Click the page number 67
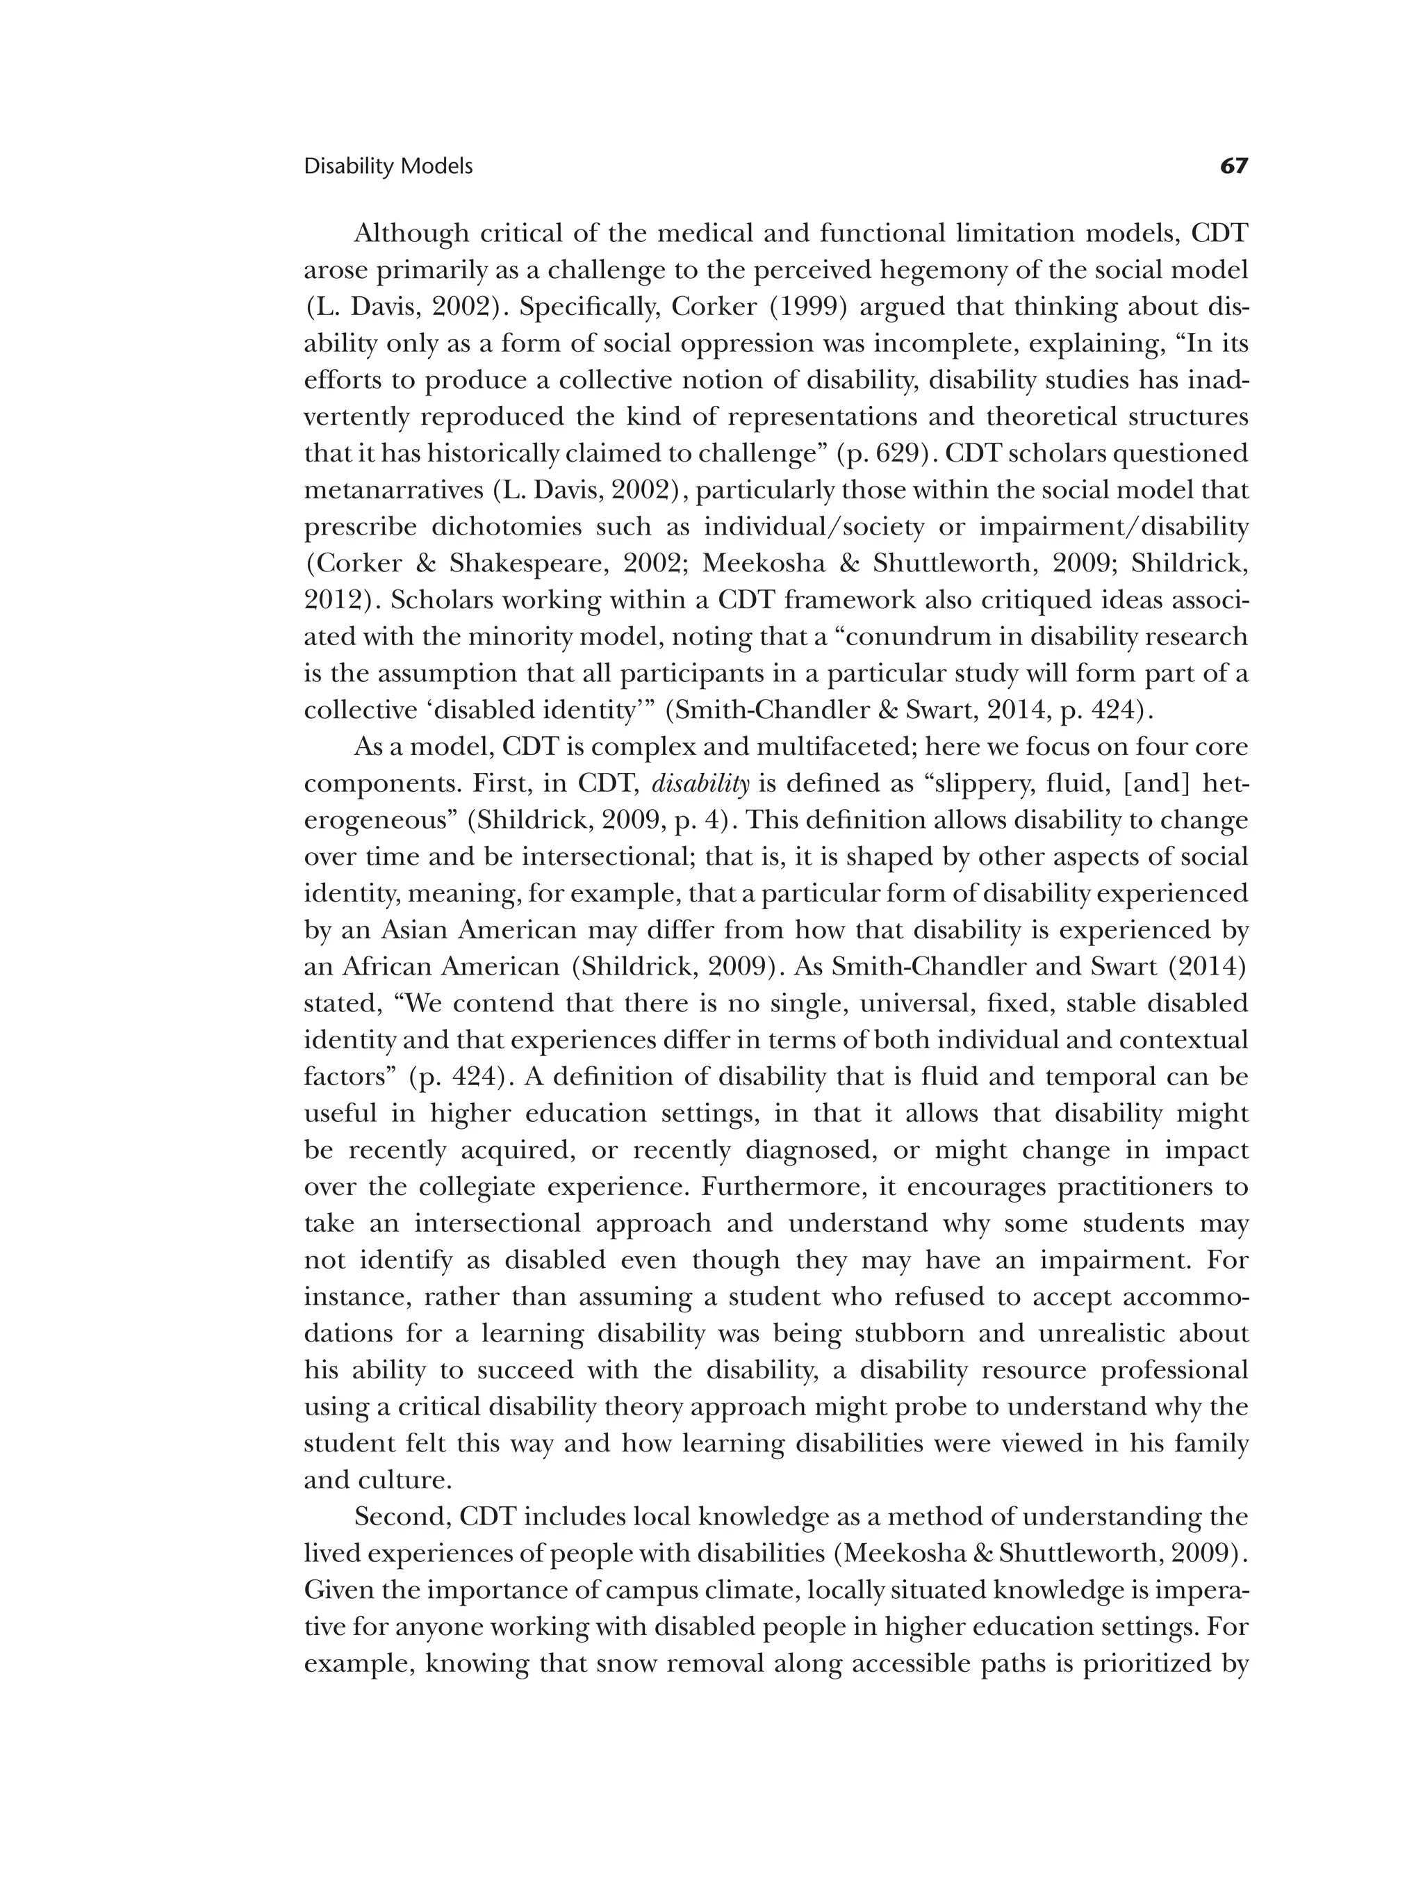point(1233,166)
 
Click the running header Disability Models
point(388,167)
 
